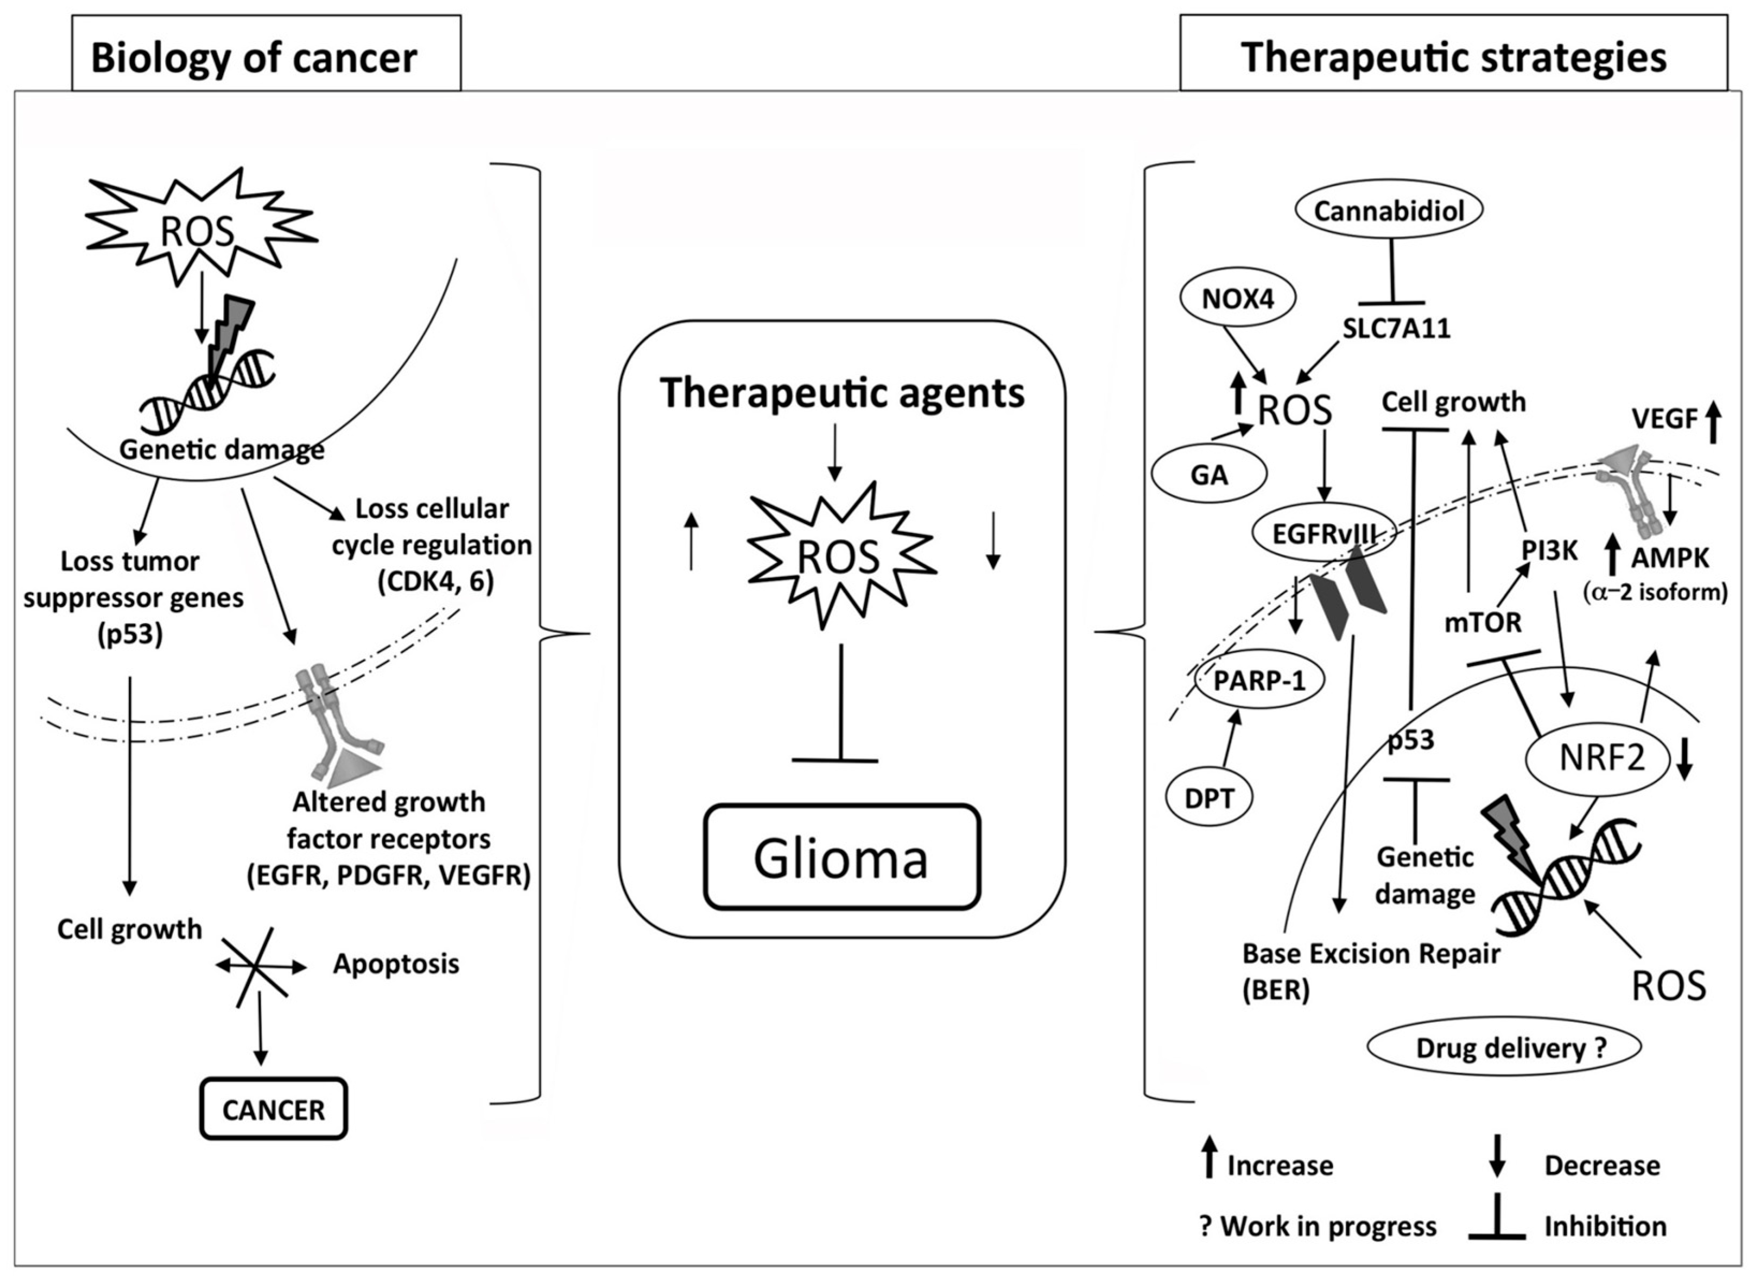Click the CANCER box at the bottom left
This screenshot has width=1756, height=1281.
273,1109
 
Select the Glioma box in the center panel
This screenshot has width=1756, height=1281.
841,857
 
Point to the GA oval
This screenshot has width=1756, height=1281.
1209,474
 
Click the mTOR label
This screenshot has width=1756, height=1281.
1483,622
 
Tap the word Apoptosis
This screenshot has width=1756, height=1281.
396,964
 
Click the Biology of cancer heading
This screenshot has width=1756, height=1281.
254,58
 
